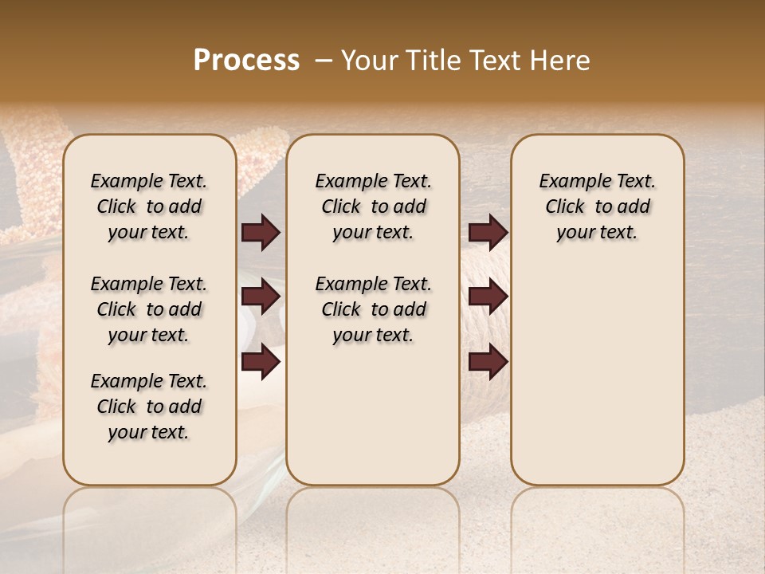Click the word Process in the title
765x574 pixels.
point(246,61)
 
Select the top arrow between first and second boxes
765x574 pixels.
point(261,233)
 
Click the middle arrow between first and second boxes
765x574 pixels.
point(261,297)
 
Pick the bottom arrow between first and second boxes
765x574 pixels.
point(261,362)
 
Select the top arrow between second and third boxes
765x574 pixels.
point(488,233)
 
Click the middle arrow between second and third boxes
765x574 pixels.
point(488,297)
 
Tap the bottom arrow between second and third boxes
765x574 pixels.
point(488,362)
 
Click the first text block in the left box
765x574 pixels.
point(149,206)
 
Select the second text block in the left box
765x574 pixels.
point(149,309)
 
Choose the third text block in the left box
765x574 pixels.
point(149,407)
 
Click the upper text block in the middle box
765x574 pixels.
point(373,206)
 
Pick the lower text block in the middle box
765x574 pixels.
point(373,309)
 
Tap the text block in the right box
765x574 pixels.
point(597,206)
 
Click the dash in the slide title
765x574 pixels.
point(323,61)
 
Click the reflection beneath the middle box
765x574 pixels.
point(373,518)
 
